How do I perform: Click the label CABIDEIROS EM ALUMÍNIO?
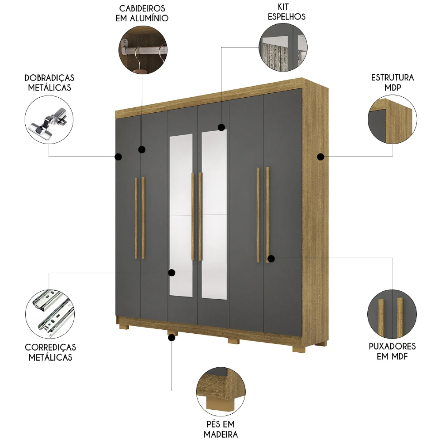coord(142,13)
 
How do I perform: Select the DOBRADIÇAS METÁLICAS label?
coord(49,83)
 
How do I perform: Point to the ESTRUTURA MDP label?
coord(392,82)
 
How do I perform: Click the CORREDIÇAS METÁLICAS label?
coord(50,352)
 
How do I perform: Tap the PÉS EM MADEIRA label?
coord(220,429)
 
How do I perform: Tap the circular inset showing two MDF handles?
coord(392,313)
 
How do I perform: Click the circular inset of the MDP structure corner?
coord(392,121)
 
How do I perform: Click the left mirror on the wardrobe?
coord(181,214)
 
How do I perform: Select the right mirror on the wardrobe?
coord(214,214)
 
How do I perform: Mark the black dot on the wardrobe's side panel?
coord(321,156)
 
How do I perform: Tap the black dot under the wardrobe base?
coord(171,338)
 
